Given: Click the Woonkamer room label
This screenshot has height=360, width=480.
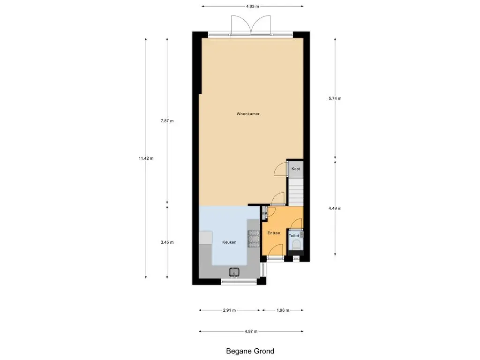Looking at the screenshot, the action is [248, 114].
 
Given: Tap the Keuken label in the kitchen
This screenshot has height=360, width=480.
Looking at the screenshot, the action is [229, 242].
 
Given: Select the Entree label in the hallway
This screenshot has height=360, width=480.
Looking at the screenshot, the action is [274, 233].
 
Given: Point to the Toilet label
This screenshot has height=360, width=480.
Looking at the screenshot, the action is [294, 236].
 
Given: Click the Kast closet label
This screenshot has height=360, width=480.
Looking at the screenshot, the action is [296, 169].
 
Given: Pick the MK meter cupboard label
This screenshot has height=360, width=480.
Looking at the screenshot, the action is [264, 213].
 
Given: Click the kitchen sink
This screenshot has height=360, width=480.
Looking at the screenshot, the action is [234, 272].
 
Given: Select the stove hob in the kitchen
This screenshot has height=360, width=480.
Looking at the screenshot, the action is [254, 239].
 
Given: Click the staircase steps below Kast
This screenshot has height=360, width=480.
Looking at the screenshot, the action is [296, 192].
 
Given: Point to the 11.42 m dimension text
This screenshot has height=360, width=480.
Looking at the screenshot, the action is [146, 158].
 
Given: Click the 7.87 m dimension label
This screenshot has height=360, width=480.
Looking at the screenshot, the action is [167, 121].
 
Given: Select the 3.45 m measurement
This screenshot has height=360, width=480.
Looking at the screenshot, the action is [167, 242].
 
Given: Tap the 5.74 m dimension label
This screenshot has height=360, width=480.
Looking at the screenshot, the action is [335, 98].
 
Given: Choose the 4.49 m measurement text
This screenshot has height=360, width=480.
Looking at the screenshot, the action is [335, 208].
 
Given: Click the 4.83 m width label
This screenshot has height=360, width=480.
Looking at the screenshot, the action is [252, 6].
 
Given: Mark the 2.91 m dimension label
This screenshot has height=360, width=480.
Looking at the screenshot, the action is [229, 310].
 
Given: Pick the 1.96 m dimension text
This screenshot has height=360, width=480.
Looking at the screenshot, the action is [283, 310].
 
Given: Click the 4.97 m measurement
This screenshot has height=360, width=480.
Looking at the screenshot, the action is [251, 331].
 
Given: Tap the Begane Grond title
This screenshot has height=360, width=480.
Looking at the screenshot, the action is [250, 351].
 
